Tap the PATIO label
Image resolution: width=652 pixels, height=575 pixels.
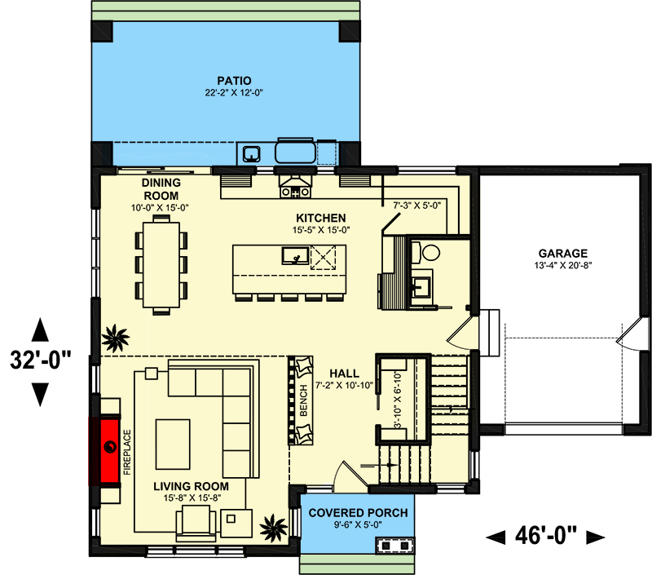(x=233, y=80)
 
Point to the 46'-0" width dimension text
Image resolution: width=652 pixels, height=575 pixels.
(x=546, y=536)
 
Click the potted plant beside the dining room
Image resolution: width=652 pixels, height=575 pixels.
(x=115, y=335)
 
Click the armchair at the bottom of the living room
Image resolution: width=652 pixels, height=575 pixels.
(x=197, y=520)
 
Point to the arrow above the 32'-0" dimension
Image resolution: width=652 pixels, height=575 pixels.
(x=38, y=330)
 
